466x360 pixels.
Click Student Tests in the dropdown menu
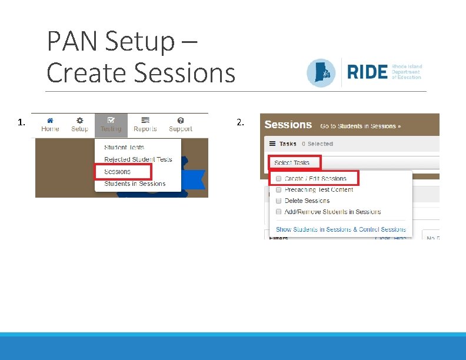(x=124, y=147)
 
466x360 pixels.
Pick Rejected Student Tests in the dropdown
(x=138, y=159)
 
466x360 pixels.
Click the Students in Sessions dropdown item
(x=135, y=184)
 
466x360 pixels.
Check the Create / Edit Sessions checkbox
(x=279, y=178)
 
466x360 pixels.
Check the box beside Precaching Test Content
(x=279, y=189)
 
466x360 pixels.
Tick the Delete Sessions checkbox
(x=279, y=201)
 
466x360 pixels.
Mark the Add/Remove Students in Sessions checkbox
(x=279, y=212)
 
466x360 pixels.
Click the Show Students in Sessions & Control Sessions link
(x=341, y=229)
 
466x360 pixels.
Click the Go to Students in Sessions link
(x=360, y=126)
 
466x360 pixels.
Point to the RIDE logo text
(x=368, y=72)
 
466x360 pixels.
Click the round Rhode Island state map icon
(x=321, y=73)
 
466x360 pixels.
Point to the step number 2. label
(x=240, y=122)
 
